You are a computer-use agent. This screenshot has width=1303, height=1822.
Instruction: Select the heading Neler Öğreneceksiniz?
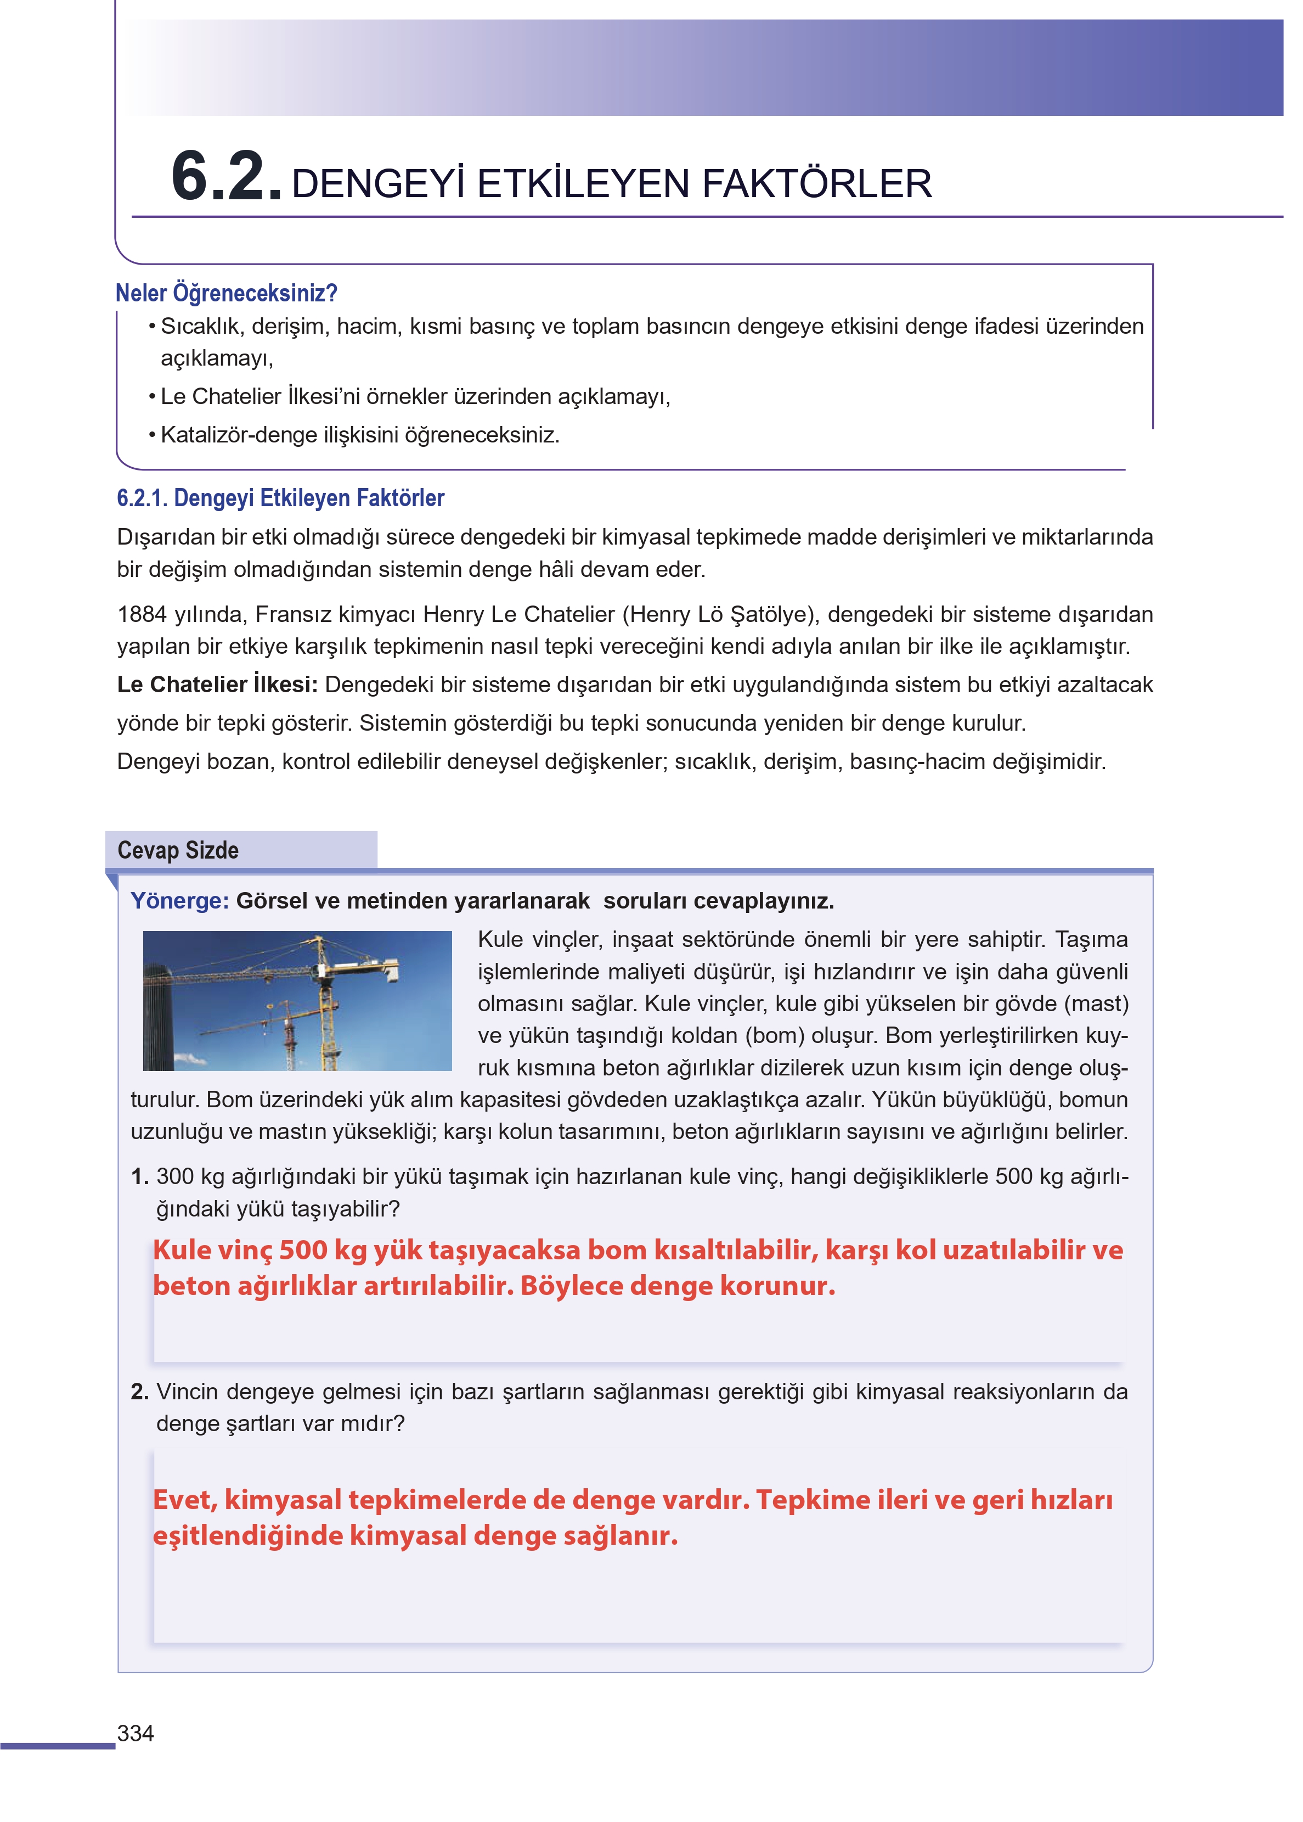pos(225,293)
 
